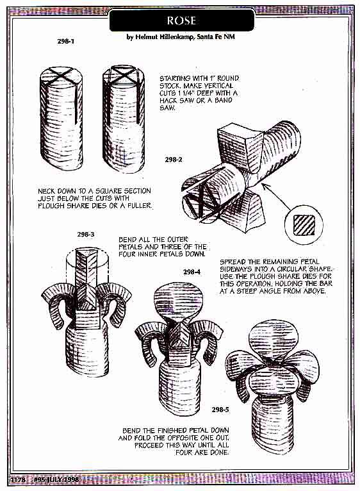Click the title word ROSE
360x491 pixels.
click(x=181, y=21)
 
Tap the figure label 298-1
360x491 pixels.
click(x=66, y=41)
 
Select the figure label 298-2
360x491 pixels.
click(x=174, y=160)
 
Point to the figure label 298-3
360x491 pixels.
click(x=86, y=234)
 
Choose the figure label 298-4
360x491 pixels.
click(x=192, y=272)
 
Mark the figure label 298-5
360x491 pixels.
click(x=220, y=409)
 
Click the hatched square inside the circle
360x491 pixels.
click(x=304, y=225)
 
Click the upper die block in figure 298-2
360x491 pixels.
click(x=241, y=146)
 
